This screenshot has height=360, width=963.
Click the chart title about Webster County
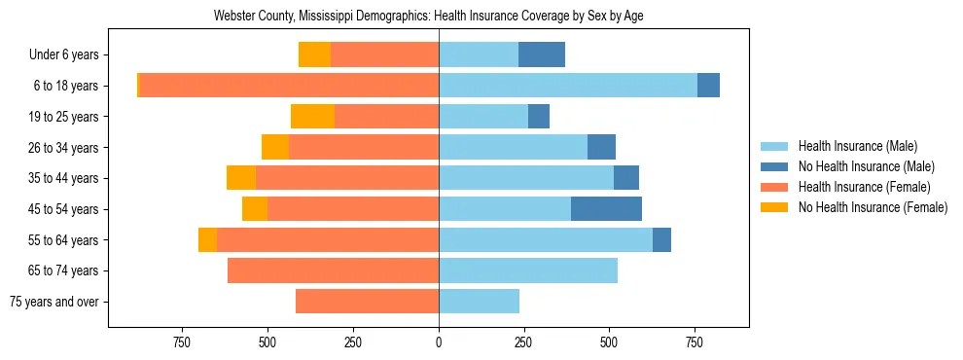(x=428, y=17)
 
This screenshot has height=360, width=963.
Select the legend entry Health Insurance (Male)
(x=856, y=146)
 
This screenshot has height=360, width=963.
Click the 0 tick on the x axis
(x=439, y=342)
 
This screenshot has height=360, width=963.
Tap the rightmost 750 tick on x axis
(x=695, y=342)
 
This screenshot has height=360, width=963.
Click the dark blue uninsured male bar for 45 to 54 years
(x=606, y=209)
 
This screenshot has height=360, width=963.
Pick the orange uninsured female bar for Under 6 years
(x=314, y=54)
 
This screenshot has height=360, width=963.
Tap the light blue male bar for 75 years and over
(x=479, y=302)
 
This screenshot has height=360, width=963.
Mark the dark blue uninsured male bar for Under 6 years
(x=541, y=54)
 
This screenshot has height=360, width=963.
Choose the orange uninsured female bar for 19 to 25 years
(x=312, y=117)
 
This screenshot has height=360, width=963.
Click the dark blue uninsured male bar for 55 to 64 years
(x=661, y=239)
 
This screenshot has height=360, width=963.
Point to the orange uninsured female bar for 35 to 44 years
(x=241, y=178)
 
